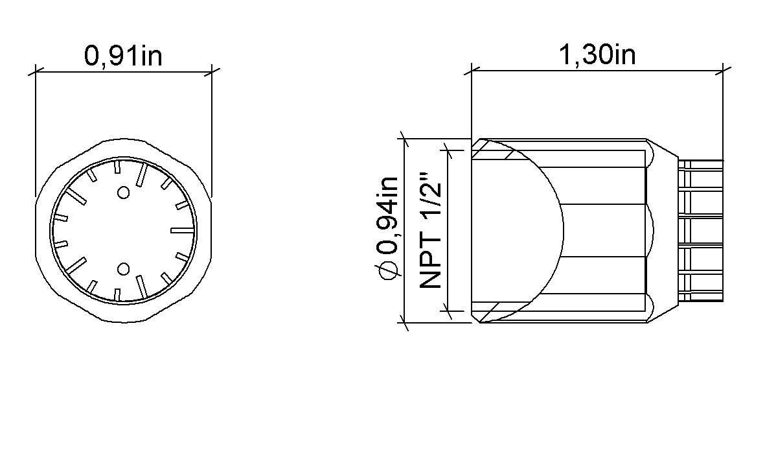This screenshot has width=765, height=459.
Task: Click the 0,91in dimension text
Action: point(123,55)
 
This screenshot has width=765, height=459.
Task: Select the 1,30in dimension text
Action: point(597,54)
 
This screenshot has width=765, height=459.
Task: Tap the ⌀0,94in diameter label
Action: point(387,228)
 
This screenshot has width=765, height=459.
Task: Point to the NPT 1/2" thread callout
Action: point(430,230)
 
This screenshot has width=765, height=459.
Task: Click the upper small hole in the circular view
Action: point(124,193)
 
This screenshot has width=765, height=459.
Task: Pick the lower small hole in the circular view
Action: point(124,269)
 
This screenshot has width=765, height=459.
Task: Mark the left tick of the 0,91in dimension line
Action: point(36,72)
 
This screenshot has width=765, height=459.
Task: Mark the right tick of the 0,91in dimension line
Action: point(211,72)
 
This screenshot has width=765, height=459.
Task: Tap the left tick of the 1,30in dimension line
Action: point(472,71)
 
